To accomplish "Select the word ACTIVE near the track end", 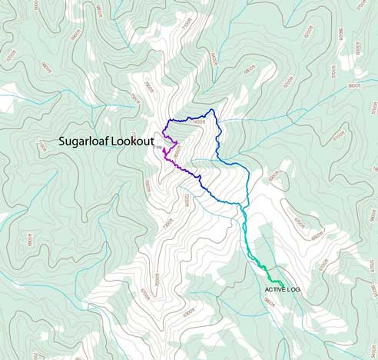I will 274,289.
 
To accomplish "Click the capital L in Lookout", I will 115,142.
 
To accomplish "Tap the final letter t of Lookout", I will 153,142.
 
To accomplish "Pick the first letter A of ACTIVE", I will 266,289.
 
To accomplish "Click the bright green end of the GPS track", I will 283,286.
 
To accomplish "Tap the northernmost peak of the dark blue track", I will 213,109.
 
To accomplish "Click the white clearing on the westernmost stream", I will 8,96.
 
